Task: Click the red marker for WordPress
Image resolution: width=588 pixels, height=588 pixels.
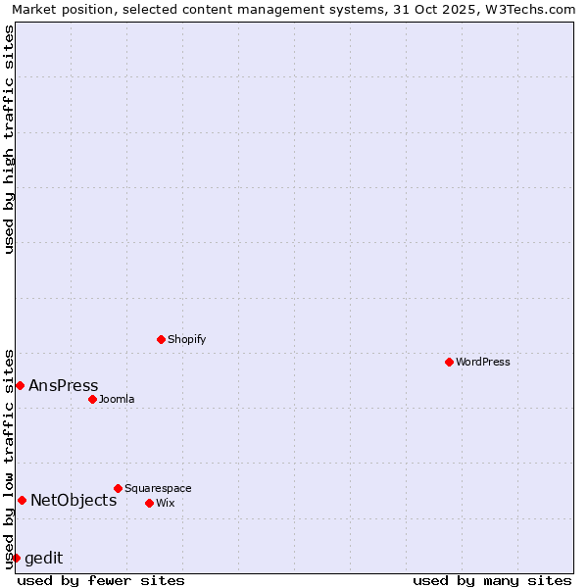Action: coord(449,362)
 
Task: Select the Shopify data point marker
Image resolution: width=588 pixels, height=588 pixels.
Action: coord(161,339)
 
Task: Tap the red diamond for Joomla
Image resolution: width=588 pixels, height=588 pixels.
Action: coord(92,399)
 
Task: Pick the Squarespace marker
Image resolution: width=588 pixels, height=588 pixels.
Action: coord(118,488)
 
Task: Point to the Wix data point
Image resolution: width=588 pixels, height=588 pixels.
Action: coord(149,503)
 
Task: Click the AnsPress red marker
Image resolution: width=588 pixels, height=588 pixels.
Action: coord(20,385)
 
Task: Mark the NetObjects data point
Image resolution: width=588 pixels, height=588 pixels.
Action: coord(22,500)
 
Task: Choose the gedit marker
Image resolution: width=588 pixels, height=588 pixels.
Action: coord(16,558)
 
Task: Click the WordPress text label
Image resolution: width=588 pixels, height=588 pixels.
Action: coord(483,362)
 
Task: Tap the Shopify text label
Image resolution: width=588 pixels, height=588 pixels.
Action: coord(186,339)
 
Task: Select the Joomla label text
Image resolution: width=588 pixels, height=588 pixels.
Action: coord(117,399)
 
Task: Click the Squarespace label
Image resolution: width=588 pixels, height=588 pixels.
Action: coord(158,488)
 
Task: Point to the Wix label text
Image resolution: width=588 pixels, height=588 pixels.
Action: coord(165,503)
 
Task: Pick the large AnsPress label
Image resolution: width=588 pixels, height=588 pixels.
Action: coord(64,385)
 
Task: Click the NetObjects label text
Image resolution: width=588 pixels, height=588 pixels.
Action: coord(73,500)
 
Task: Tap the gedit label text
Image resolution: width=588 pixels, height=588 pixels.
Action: coord(43,558)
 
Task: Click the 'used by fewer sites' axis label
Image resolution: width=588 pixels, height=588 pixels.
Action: coord(101,580)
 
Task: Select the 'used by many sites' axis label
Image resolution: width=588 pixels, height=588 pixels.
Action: coord(492,580)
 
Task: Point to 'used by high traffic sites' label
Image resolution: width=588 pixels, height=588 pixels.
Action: coord(9,139)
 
